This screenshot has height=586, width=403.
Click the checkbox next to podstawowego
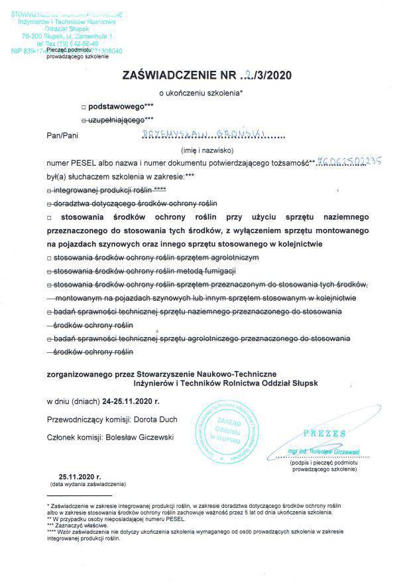point(83,106)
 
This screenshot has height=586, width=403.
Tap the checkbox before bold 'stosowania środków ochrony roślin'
point(50,217)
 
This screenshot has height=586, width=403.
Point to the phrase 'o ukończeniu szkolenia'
point(201,93)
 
